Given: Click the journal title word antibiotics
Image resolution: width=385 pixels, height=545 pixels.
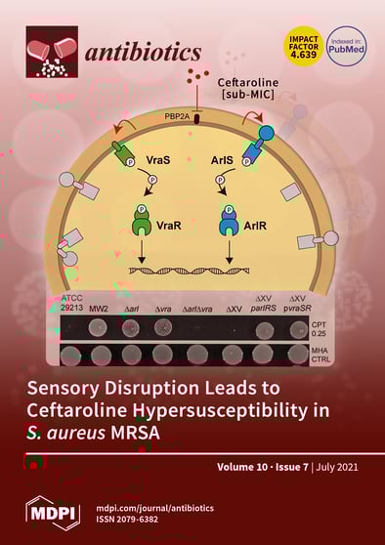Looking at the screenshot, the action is click(146, 52).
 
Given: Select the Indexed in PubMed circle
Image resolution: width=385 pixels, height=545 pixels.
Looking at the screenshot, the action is click(346, 45).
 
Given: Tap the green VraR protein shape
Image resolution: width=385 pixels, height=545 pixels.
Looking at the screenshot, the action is click(143, 224).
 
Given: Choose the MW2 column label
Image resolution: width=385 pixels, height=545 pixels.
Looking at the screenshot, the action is click(99, 310).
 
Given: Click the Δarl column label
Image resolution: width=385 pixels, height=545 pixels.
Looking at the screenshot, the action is click(132, 310).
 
